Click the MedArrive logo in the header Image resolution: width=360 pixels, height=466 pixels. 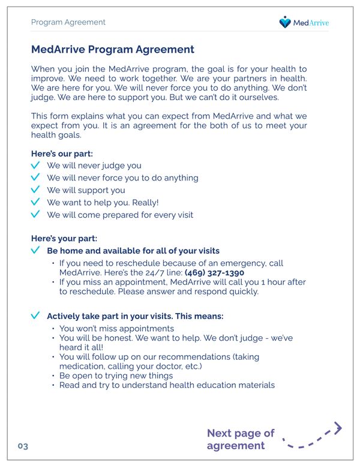[x=304, y=23]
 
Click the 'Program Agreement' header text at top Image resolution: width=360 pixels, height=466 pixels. [x=68, y=22]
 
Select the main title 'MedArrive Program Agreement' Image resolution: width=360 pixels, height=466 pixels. [x=112, y=50]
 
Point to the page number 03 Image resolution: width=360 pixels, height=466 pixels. [x=23, y=446]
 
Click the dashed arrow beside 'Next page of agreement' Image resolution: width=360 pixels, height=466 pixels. [x=312, y=437]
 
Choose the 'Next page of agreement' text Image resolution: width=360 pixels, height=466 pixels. [x=240, y=439]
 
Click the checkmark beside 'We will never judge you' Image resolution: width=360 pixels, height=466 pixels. [x=36, y=166]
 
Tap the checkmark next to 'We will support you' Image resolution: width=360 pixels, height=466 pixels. [x=36, y=190]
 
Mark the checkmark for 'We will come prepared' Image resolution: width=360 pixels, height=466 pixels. [x=36, y=215]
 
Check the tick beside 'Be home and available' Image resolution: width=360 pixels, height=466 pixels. [x=36, y=251]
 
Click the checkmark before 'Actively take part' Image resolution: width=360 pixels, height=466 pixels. [x=36, y=315]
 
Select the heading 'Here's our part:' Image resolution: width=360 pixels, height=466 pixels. [x=62, y=154]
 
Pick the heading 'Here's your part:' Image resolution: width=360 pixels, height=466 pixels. [x=64, y=238]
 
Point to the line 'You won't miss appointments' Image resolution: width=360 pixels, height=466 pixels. [x=116, y=329]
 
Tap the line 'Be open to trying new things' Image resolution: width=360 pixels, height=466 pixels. [x=116, y=375]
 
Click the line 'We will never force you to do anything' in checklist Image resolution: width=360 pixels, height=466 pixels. [x=122, y=178]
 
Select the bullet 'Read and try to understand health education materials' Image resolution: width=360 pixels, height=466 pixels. [x=167, y=385]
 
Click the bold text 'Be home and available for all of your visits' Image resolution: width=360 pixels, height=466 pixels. [x=133, y=251]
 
